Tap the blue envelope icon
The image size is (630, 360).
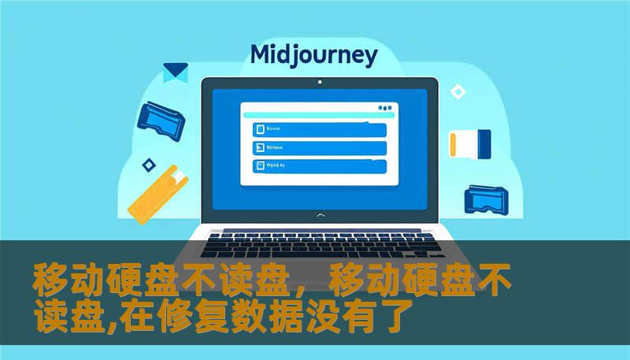175,72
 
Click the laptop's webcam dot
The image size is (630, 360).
319,81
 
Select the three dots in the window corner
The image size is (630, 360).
384,107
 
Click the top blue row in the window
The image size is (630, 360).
319,129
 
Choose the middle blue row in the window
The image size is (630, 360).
319,147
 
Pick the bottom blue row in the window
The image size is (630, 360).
319,165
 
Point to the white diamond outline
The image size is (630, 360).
458,92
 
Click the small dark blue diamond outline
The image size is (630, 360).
147,165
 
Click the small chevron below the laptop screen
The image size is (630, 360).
319,214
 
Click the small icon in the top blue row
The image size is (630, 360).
258,129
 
